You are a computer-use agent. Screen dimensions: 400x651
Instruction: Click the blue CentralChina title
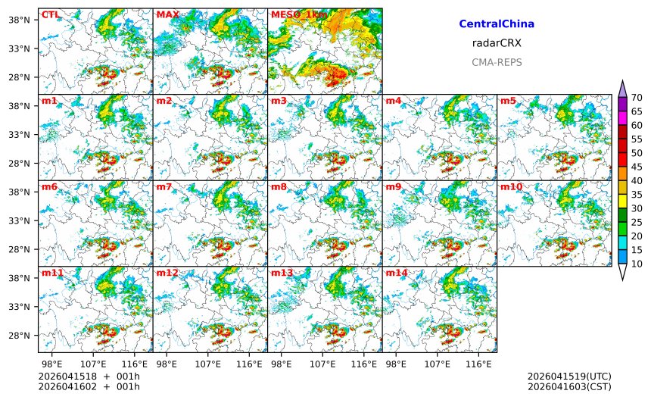[497, 24]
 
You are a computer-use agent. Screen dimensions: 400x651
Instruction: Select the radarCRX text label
[497, 43]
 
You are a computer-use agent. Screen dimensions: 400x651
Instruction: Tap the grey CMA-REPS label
[497, 62]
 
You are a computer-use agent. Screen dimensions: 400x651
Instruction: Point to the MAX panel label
[167, 14]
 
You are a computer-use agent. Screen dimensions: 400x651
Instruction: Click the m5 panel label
[508, 101]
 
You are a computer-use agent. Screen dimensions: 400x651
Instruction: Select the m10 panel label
[511, 186]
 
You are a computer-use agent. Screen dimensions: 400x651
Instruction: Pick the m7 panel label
[165, 186]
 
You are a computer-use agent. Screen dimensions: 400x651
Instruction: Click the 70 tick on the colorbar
[637, 98]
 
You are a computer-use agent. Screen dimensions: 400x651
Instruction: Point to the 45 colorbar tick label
[637, 167]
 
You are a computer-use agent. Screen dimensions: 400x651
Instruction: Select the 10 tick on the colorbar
[637, 264]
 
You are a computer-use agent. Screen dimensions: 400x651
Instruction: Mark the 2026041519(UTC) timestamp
[568, 377]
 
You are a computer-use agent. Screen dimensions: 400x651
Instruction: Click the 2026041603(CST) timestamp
[568, 387]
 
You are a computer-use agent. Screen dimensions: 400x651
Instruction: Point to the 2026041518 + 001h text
[89, 377]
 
